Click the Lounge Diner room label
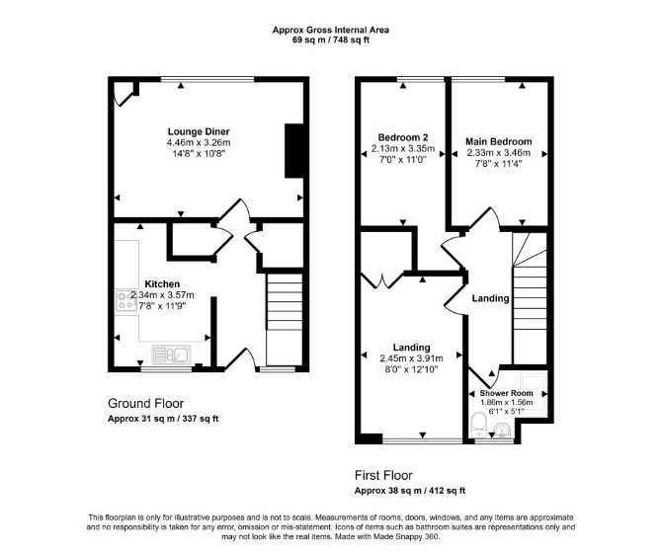point(199,131)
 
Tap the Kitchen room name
point(162,284)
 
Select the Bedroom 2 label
point(403,137)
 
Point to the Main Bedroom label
point(499,142)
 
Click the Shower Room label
point(506,393)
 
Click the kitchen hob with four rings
point(125,301)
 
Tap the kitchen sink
point(171,355)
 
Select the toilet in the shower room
point(478,425)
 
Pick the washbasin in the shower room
point(502,431)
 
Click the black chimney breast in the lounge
point(294,151)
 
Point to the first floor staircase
point(530,298)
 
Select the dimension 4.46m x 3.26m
point(199,142)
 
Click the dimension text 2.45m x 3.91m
point(411,358)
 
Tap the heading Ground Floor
point(146,403)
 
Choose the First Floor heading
point(383,476)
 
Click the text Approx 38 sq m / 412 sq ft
point(410,491)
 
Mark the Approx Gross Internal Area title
point(331,30)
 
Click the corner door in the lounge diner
point(124,94)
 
